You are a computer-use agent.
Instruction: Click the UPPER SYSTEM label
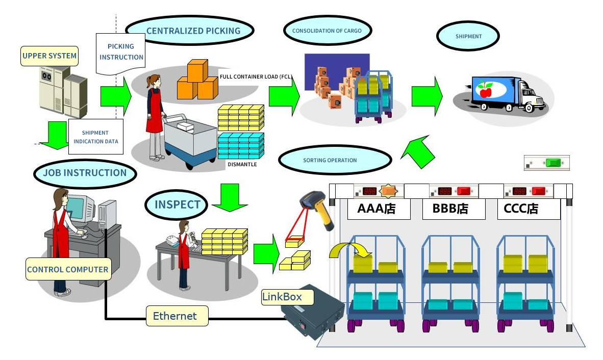[49, 56]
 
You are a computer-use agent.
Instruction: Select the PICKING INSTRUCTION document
[121, 52]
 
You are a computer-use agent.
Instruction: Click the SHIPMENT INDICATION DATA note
[96, 137]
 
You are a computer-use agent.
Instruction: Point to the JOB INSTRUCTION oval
[85, 173]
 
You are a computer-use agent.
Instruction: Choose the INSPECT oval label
[177, 204]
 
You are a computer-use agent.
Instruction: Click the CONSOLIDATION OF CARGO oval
[326, 31]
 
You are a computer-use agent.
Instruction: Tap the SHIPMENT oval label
[468, 37]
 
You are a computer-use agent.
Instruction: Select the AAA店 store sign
[379, 209]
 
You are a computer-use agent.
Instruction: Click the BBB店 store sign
[454, 209]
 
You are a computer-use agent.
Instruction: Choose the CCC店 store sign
[528, 209]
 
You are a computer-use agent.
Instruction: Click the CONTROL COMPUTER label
[68, 269]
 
